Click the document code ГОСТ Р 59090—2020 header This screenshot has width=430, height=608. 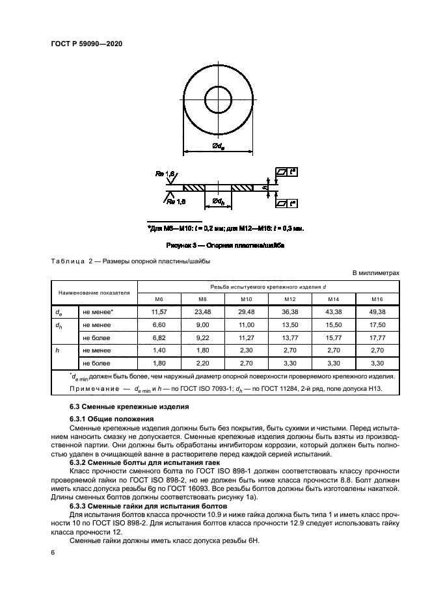(x=87, y=44)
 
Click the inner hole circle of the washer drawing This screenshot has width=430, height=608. (x=219, y=100)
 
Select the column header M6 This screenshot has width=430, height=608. (x=159, y=299)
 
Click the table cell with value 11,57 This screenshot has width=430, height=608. (x=159, y=312)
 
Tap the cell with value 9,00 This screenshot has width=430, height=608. (x=203, y=325)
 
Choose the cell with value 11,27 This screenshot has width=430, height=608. (x=247, y=338)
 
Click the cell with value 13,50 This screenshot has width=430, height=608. (x=290, y=325)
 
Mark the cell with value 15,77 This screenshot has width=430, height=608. (x=334, y=338)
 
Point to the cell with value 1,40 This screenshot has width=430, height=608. (x=159, y=350)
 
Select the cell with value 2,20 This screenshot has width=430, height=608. (x=203, y=363)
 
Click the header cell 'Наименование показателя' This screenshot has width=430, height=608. (x=94, y=293)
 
